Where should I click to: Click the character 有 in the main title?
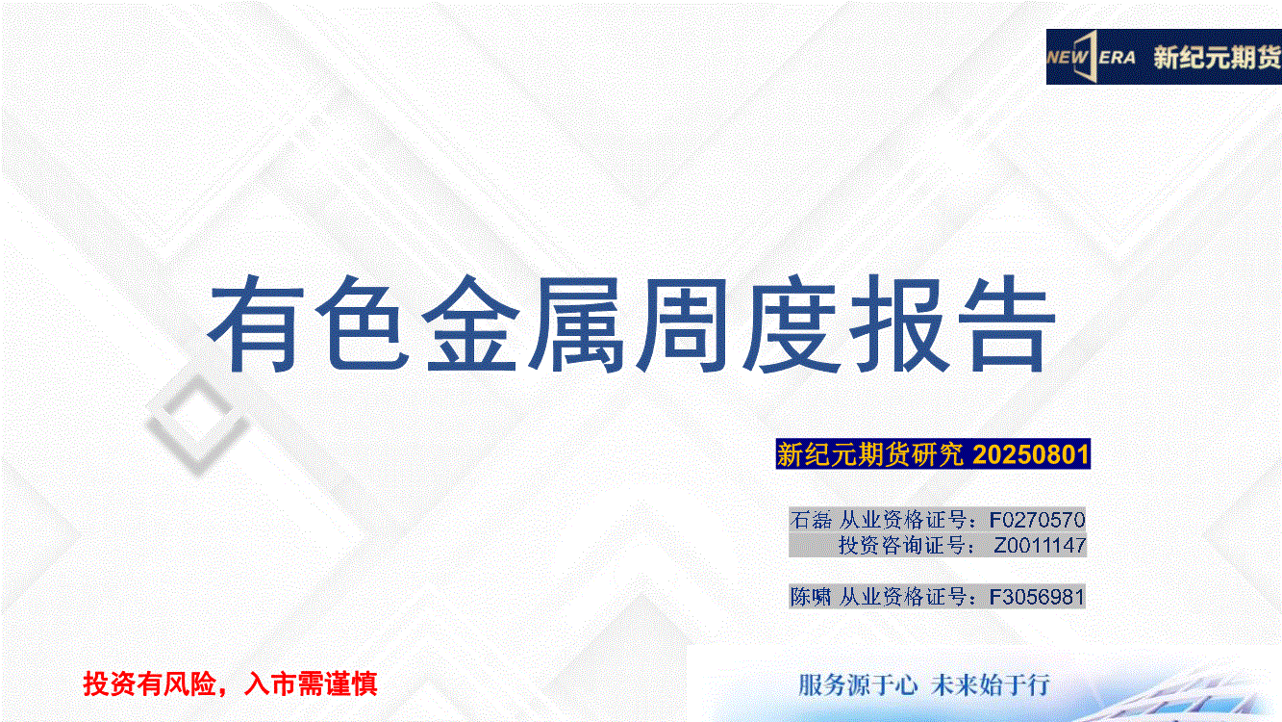[x=255, y=323]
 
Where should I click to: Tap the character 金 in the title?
[x=470, y=323]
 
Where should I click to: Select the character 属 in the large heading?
[x=577, y=324]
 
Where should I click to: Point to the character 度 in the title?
[x=791, y=324]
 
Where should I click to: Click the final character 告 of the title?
[x=1006, y=323]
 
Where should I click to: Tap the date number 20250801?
[x=1030, y=454]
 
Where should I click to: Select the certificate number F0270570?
[x=1037, y=520]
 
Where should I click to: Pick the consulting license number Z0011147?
[x=1040, y=545]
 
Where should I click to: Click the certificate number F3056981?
[x=1037, y=597]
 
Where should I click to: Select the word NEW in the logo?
[x=1067, y=58]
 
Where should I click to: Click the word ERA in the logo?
[x=1117, y=58]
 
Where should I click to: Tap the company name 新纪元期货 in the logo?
[x=1217, y=58]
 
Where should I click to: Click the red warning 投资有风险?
[x=149, y=683]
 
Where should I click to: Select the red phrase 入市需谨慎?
[x=311, y=683]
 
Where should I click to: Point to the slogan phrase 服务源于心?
[x=857, y=685]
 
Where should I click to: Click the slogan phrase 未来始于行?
[x=991, y=685]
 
